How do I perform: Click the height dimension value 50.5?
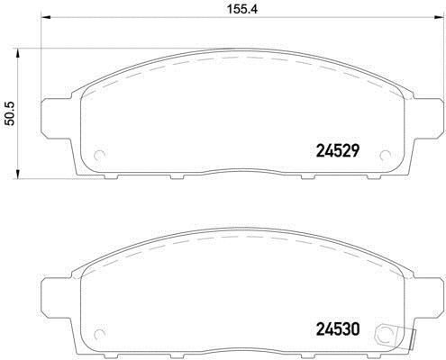click(x=11, y=108)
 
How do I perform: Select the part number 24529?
click(x=337, y=151)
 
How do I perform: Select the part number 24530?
click(x=337, y=329)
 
